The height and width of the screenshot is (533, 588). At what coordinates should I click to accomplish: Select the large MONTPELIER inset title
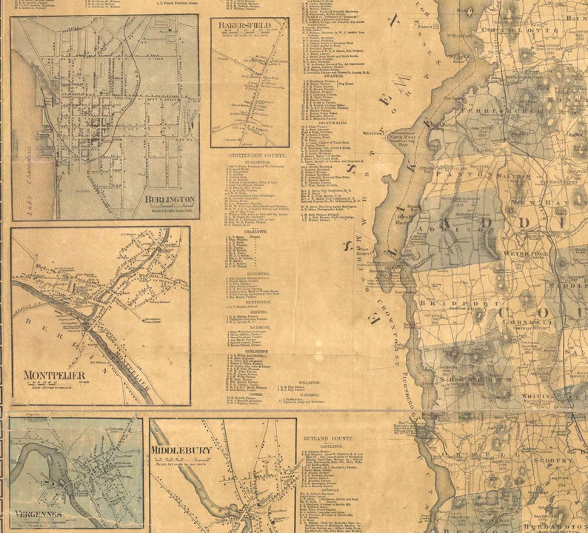(54, 375)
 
